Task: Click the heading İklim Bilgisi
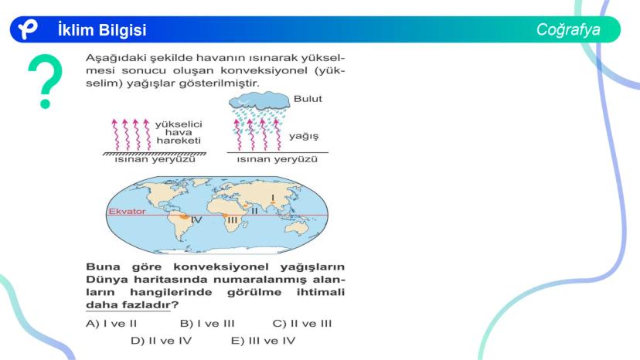(102, 30)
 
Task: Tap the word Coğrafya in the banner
(568, 30)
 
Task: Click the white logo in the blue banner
(28, 29)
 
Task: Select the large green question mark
(46, 81)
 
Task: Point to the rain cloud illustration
(260, 101)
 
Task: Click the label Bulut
(308, 99)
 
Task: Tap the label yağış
(304, 136)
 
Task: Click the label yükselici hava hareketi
(179, 132)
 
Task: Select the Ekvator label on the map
(127, 212)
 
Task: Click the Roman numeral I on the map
(273, 198)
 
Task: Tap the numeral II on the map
(255, 211)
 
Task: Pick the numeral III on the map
(232, 220)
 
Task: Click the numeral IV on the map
(196, 220)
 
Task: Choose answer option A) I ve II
(111, 324)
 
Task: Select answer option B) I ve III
(207, 324)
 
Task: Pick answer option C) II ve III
(302, 324)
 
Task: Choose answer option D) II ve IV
(162, 341)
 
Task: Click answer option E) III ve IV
(263, 341)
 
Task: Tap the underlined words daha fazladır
(128, 305)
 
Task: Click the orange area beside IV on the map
(185, 217)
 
